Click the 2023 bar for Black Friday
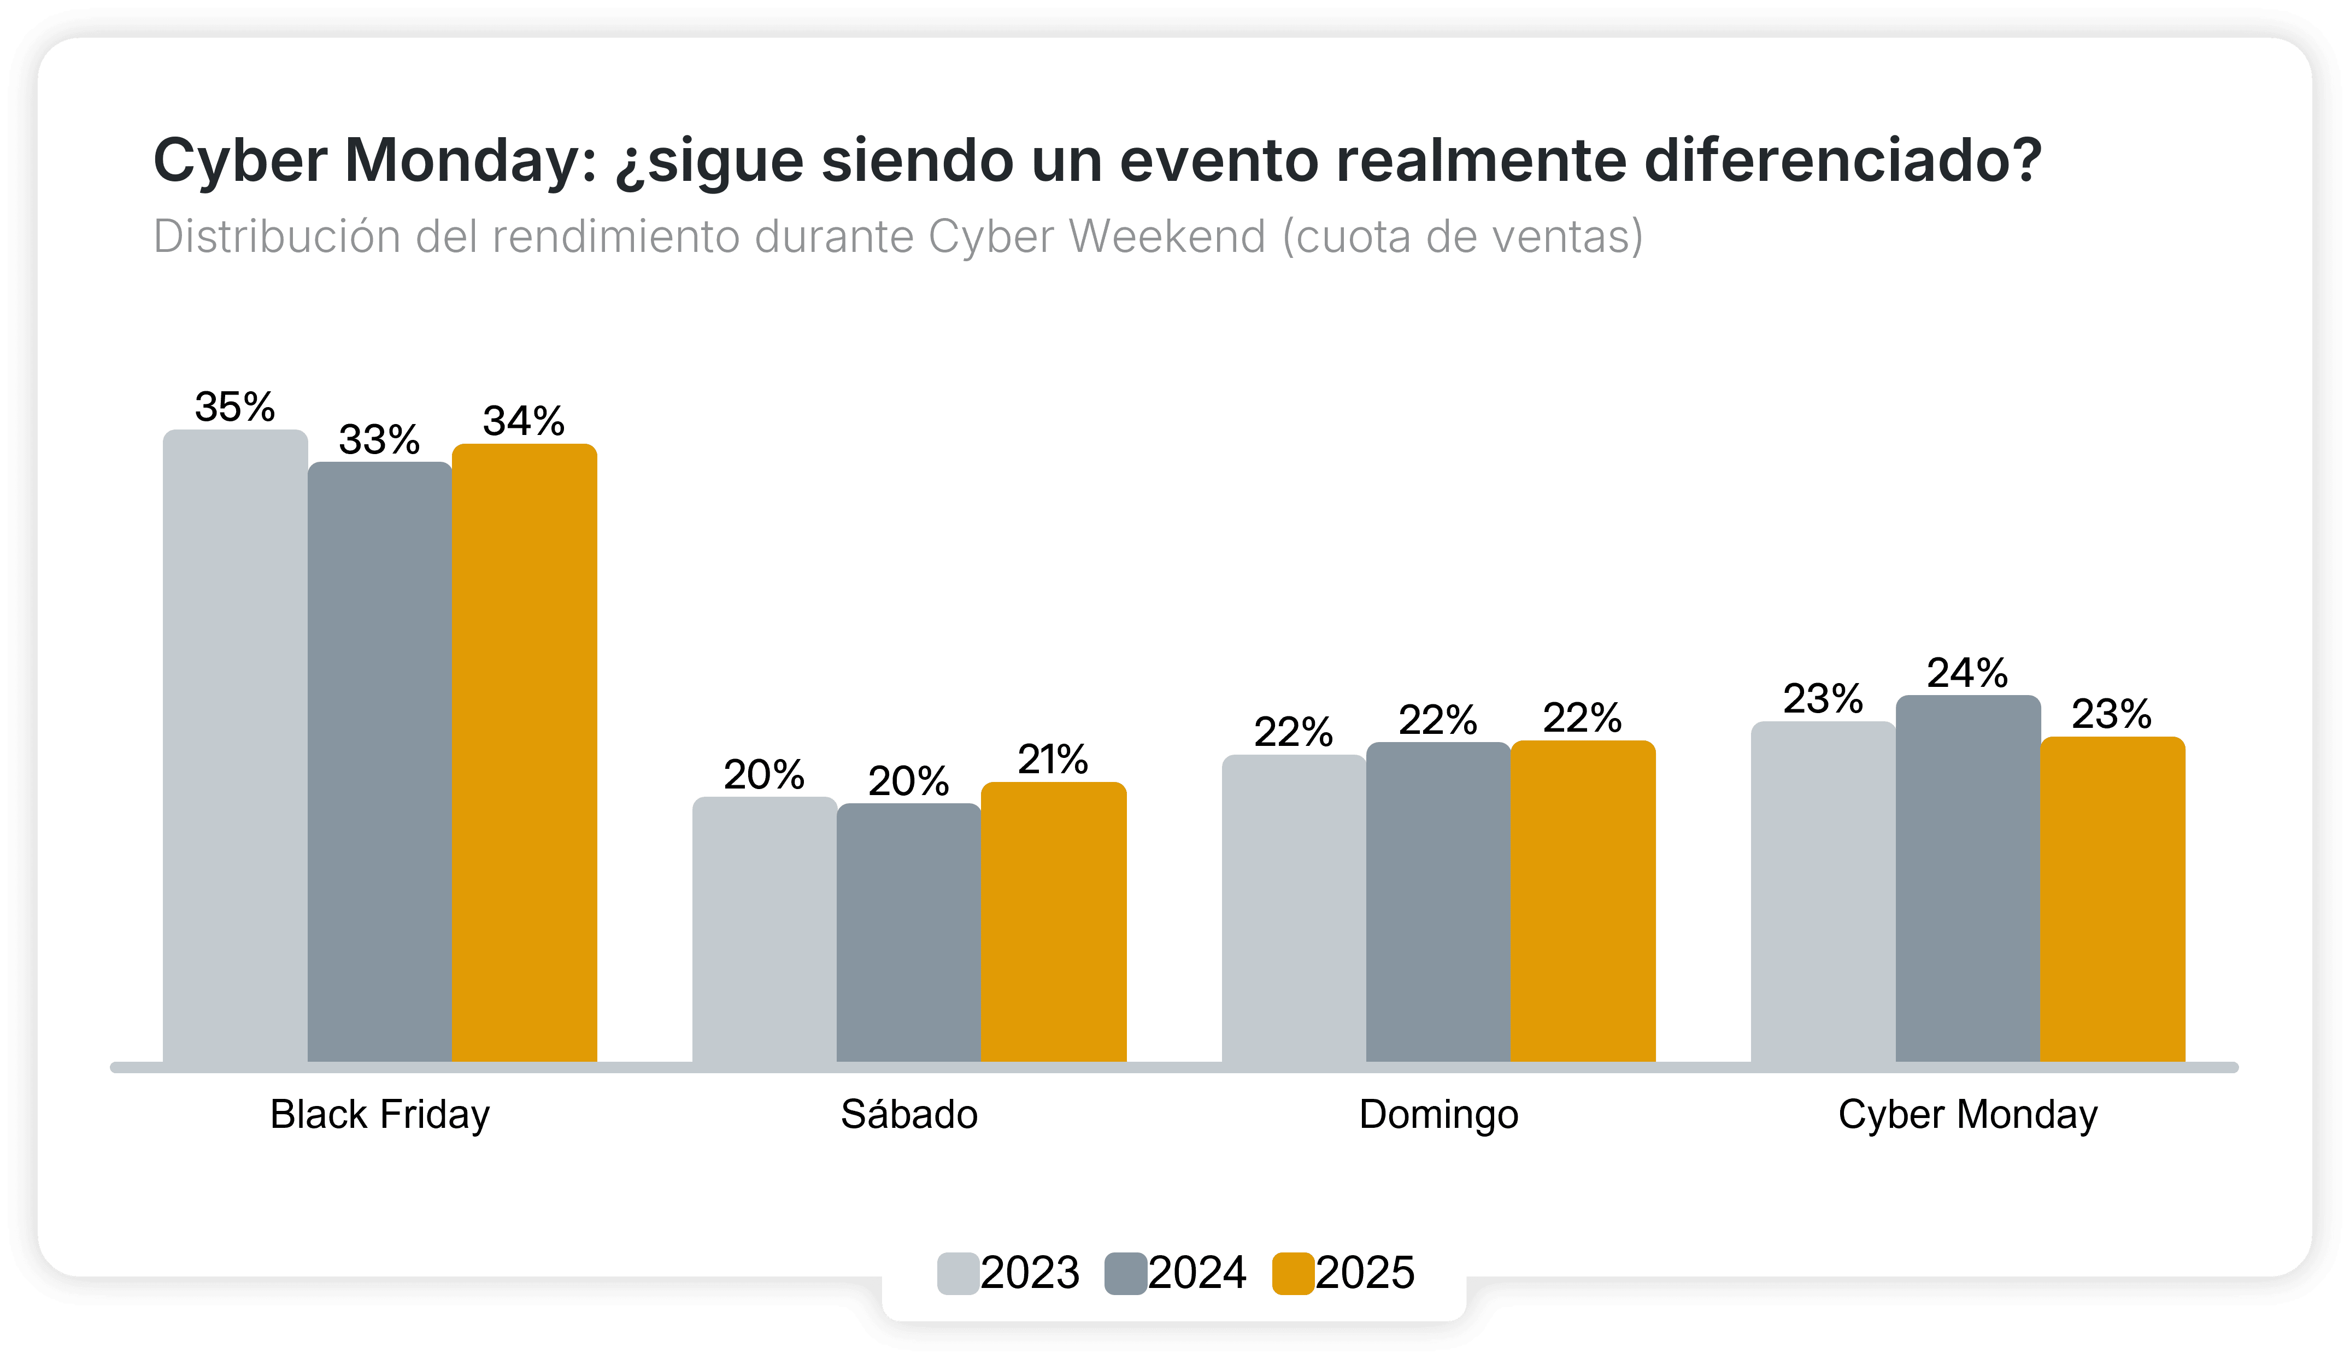(x=235, y=746)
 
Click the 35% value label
(x=235, y=407)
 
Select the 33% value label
(x=379, y=439)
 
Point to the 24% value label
(x=1967, y=673)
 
